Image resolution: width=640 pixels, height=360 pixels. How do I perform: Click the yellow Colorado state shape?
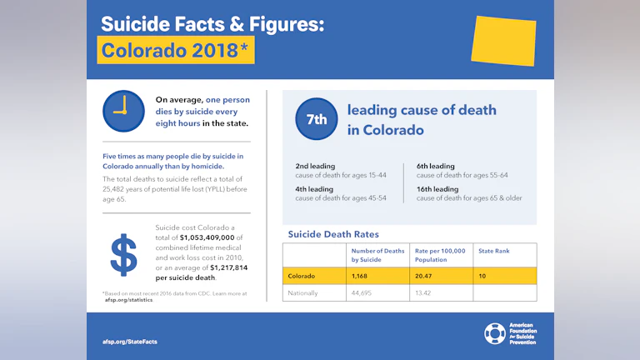pyautogui.click(x=503, y=41)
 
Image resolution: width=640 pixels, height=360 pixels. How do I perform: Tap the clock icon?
pyautogui.click(x=123, y=112)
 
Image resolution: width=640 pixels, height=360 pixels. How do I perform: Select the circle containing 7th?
pyautogui.click(x=317, y=119)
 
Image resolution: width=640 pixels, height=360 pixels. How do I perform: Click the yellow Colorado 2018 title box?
pyautogui.click(x=175, y=50)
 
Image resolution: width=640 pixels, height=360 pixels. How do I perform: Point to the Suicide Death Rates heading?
pyautogui.click(x=333, y=234)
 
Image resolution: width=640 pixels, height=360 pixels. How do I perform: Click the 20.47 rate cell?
pyautogui.click(x=426, y=276)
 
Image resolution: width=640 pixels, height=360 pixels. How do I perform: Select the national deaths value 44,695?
pyautogui.click(x=364, y=293)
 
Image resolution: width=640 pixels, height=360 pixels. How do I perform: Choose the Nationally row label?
pyautogui.click(x=303, y=293)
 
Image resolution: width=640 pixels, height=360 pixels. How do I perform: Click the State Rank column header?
pyautogui.click(x=493, y=251)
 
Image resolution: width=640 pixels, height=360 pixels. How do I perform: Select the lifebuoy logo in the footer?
pyautogui.click(x=495, y=334)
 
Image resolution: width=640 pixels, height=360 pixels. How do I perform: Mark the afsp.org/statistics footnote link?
pyautogui.click(x=129, y=299)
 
